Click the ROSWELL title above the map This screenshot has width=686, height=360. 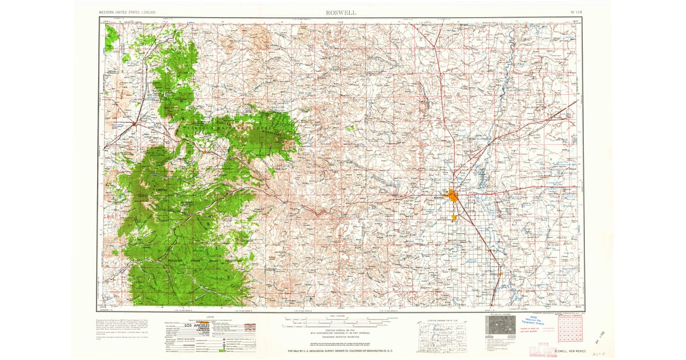(x=342, y=12)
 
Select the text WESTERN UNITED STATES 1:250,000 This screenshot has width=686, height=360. (x=128, y=12)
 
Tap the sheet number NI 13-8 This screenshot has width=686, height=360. (x=577, y=12)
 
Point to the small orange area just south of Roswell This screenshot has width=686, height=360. (x=454, y=217)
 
